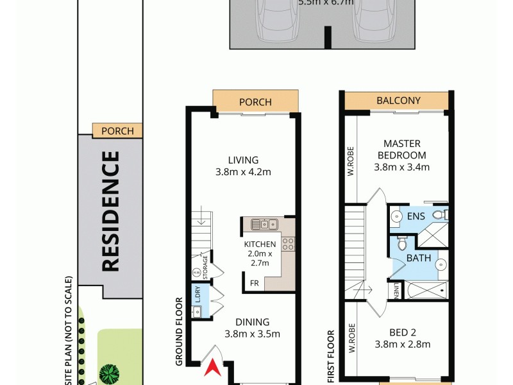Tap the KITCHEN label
[x=260, y=244]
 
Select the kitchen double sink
[x=264, y=225]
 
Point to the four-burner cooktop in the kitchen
[x=288, y=244]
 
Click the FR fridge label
[x=255, y=282]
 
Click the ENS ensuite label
[x=416, y=216]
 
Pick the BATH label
[x=417, y=258]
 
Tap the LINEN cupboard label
[x=398, y=291]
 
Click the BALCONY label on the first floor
[x=398, y=101]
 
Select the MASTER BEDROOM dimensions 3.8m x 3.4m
[x=401, y=167]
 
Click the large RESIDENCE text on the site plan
[x=110, y=211]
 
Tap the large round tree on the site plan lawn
[x=110, y=373]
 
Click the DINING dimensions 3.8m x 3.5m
[x=252, y=334]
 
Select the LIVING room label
[x=243, y=160]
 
